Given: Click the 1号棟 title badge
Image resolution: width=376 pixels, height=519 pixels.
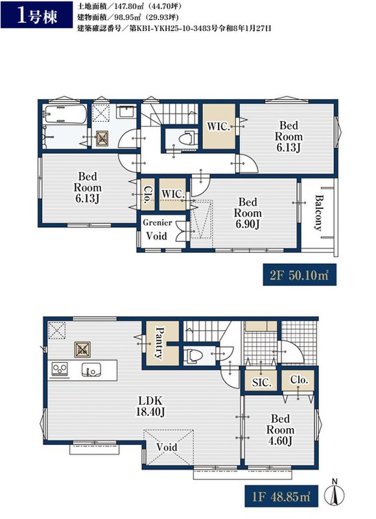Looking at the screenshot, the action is [36, 15].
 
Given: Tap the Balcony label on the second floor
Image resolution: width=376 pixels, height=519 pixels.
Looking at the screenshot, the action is [319, 213].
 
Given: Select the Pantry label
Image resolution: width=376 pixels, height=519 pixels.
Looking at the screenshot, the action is [159, 343].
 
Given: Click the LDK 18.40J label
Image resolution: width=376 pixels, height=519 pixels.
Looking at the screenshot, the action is [151, 406].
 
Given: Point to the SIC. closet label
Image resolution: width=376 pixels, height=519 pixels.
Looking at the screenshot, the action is [262, 383].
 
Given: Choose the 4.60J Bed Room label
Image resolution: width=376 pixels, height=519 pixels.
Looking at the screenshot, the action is [280, 429].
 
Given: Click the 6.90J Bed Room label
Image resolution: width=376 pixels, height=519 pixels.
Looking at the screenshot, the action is [248, 213].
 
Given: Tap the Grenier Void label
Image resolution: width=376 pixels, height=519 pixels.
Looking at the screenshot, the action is [157, 230].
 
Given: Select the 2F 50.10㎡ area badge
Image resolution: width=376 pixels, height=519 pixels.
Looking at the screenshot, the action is [300, 274].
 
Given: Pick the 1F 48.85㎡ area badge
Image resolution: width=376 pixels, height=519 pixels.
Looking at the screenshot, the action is [281, 496].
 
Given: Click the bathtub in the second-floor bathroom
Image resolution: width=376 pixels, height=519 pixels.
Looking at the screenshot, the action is [65, 115].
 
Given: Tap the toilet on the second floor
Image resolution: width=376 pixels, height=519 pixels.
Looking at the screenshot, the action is [187, 139].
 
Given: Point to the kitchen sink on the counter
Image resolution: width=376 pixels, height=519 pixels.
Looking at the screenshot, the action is [91, 369].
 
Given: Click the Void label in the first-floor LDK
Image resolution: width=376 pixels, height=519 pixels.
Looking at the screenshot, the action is [167, 448].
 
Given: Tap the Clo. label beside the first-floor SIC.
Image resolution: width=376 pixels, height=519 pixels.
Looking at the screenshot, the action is [300, 380].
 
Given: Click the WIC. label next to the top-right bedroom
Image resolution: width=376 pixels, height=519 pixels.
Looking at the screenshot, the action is [218, 126].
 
